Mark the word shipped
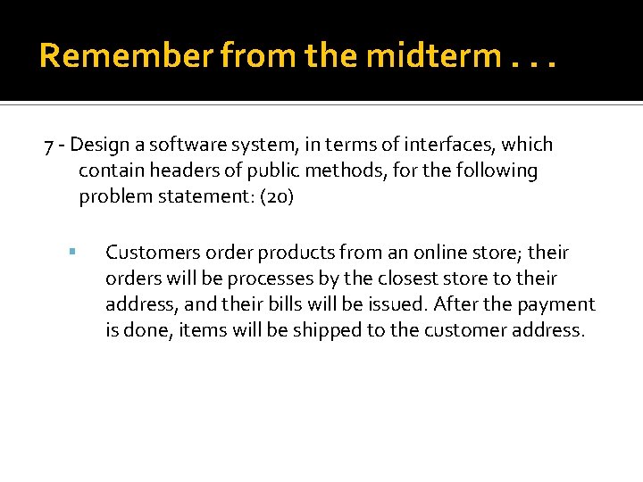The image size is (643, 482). pos(300,330)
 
